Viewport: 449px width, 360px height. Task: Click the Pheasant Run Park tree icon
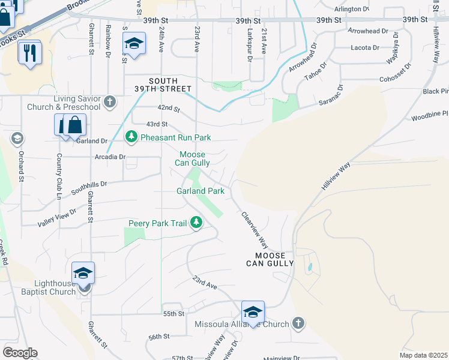[x=131, y=137]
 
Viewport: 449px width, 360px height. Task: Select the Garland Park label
[x=200, y=191]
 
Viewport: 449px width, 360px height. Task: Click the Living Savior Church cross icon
[x=109, y=102]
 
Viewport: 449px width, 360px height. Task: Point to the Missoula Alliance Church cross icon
[x=297, y=324]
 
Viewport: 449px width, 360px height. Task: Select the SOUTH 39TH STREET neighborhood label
[x=172, y=86]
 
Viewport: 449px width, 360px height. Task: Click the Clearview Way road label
[x=254, y=230]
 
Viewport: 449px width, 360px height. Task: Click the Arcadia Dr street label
[x=110, y=157]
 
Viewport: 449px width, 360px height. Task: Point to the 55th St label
[x=173, y=314]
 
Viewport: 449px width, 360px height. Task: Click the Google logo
[x=20, y=353]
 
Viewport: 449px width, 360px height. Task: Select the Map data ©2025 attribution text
[x=423, y=355]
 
